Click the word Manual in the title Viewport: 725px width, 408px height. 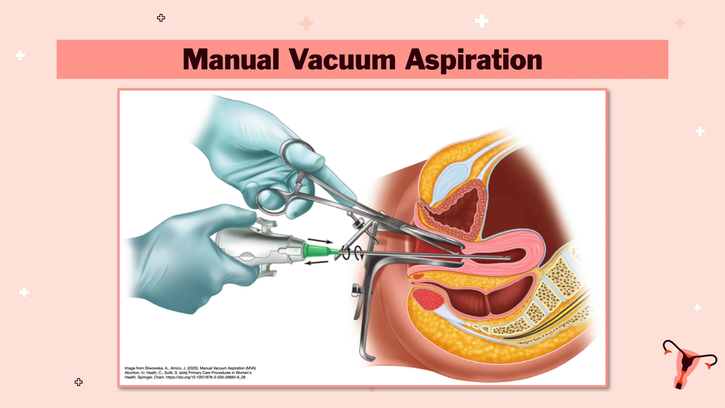[x=231, y=59]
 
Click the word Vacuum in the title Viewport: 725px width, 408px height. [x=342, y=59]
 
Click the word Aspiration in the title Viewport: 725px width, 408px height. [x=474, y=60]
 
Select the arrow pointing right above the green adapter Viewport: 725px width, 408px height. [x=320, y=241]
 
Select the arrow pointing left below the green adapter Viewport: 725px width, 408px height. [x=316, y=263]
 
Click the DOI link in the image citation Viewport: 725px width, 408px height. [x=205, y=377]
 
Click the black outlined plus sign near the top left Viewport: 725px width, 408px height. [x=161, y=18]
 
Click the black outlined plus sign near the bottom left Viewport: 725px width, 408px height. [x=79, y=382]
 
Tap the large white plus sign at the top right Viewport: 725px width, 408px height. [x=482, y=21]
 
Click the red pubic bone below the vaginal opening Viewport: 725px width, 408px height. [x=428, y=299]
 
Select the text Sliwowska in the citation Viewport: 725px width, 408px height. [x=154, y=368]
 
